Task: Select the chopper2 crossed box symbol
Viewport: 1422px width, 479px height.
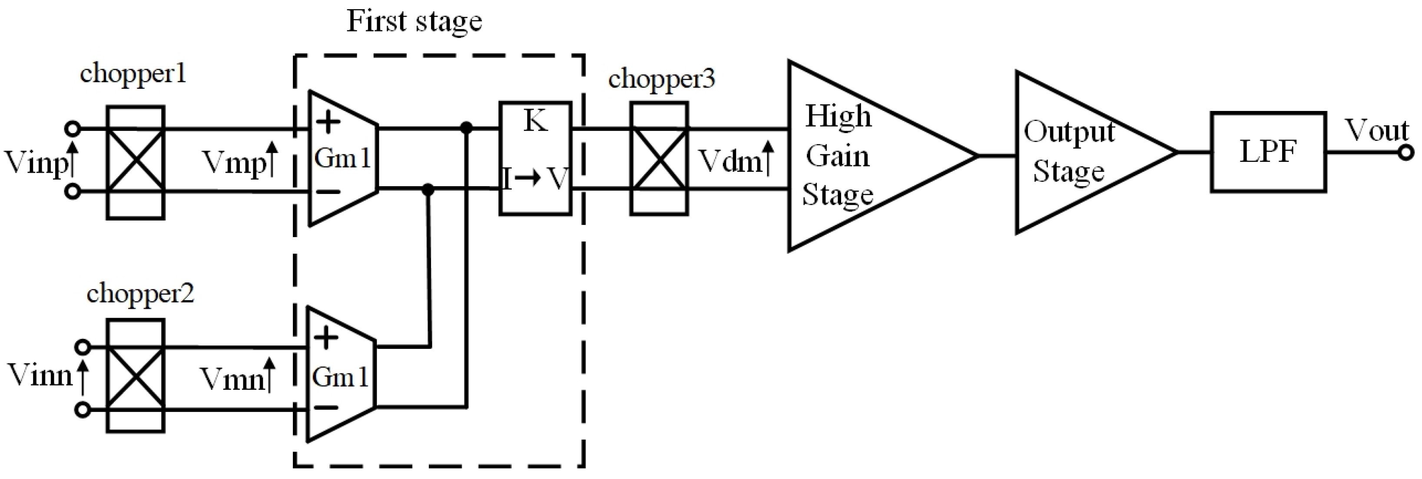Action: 135,376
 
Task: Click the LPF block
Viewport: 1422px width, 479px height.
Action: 1269,152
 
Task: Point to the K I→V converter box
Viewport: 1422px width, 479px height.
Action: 535,158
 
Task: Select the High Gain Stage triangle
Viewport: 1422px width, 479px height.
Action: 861,156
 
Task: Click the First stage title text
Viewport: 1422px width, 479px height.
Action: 414,22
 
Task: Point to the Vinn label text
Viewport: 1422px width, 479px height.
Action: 40,376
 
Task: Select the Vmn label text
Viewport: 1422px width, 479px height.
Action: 232,379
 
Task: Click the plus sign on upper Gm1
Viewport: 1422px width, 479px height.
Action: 328,122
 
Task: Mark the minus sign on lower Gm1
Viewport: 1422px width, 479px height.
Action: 327,408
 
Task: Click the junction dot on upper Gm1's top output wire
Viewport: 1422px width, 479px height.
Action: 467,129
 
